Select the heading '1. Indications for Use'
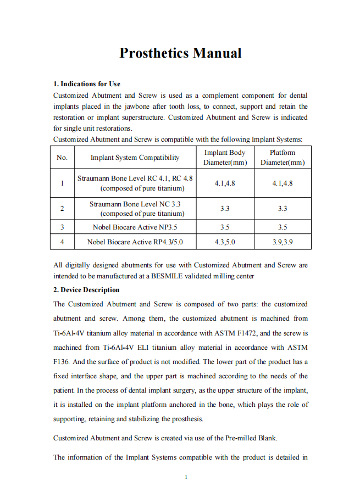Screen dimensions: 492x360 coord(86,84)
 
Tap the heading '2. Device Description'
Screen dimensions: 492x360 coord(86,290)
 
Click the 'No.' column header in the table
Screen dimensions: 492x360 coord(62,158)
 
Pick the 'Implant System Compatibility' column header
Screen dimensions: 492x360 coord(135,158)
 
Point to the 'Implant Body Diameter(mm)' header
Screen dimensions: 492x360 coord(225,158)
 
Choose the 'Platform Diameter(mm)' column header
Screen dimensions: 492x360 coord(283,158)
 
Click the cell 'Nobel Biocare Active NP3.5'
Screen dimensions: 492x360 coord(135,227)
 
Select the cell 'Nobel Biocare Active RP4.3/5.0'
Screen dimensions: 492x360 coord(135,242)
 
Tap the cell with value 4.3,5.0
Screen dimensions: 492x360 coord(225,242)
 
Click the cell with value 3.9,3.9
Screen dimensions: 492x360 coord(283,242)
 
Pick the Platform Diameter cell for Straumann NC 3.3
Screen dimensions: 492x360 coord(283,209)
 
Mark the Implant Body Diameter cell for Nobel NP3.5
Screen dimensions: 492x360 coord(225,227)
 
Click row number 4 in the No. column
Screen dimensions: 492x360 coord(62,242)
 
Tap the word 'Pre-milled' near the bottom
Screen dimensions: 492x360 coord(242,438)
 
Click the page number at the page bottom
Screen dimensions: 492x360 coord(186,477)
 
